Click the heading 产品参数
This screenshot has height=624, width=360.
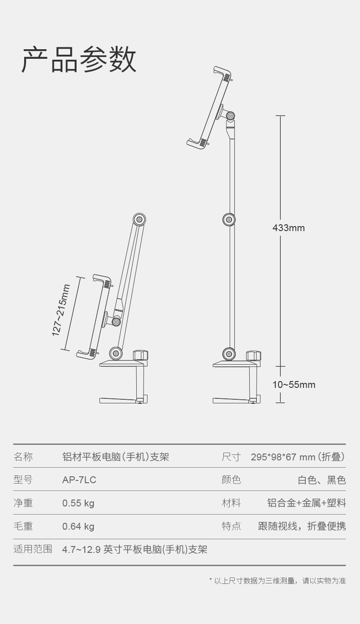[79, 60]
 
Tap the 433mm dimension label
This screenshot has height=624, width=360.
[288, 227]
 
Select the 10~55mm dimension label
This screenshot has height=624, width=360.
[294, 385]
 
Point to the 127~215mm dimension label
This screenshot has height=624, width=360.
[61, 310]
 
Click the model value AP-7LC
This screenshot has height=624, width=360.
[79, 480]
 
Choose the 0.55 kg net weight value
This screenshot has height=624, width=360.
[78, 503]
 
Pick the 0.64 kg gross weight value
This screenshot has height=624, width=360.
[78, 526]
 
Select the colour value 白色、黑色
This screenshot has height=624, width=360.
[322, 480]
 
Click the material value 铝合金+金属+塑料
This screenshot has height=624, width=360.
[307, 503]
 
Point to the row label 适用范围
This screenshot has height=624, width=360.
[33, 549]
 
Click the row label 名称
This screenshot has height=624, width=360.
[23, 457]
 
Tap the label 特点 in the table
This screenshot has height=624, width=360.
[231, 526]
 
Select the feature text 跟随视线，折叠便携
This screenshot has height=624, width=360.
[302, 526]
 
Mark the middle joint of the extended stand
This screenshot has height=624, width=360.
[229, 219]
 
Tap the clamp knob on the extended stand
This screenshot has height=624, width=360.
[253, 356]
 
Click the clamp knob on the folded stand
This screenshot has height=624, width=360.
[140, 355]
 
